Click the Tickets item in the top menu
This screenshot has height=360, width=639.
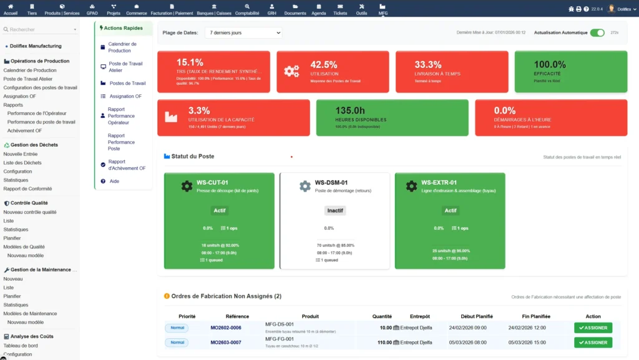[x=340, y=9]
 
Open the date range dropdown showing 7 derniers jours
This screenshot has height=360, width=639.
[x=243, y=32]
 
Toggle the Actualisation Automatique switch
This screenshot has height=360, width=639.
[x=597, y=32]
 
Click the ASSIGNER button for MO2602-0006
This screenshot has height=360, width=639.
[x=593, y=328]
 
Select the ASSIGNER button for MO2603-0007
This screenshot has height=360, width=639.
[x=593, y=343]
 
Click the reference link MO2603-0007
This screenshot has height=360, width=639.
[x=226, y=343]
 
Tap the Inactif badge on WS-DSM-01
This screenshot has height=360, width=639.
[x=335, y=210]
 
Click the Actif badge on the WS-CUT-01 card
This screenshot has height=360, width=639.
[x=220, y=210]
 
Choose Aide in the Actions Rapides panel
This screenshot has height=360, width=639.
[x=114, y=181]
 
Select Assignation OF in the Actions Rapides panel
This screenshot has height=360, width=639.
[x=125, y=96]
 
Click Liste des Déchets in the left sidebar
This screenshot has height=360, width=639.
[x=22, y=163]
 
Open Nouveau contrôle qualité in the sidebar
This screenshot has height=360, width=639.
[x=30, y=212]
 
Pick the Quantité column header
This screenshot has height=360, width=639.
[x=382, y=316]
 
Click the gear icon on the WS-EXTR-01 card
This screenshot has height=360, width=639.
[x=411, y=186]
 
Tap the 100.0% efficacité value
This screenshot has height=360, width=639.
[x=550, y=64]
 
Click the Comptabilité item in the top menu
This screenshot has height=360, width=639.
[x=247, y=9]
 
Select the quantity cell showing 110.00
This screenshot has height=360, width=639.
[x=382, y=343]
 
